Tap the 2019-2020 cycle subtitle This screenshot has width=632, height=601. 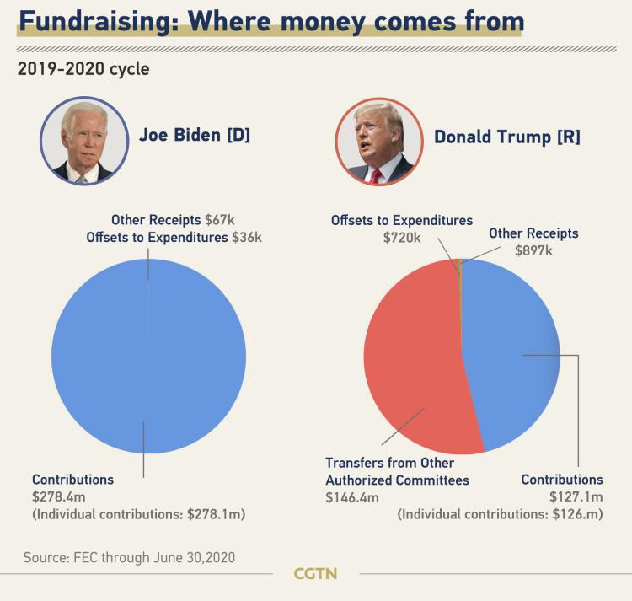pos(83,68)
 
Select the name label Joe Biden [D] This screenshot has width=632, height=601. pos(195,135)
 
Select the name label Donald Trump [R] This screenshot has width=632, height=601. pos(507,136)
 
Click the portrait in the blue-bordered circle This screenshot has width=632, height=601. pos(84,141)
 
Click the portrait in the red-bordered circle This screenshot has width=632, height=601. pos(378,141)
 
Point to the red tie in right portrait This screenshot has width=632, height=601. pos(376,174)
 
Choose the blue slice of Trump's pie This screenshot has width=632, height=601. pos(514,354)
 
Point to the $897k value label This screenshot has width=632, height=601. pos(534,250)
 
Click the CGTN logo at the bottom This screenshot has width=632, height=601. pos(315,574)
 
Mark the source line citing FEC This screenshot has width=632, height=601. pos(129,557)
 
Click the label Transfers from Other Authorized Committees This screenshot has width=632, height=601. pos(396,471)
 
